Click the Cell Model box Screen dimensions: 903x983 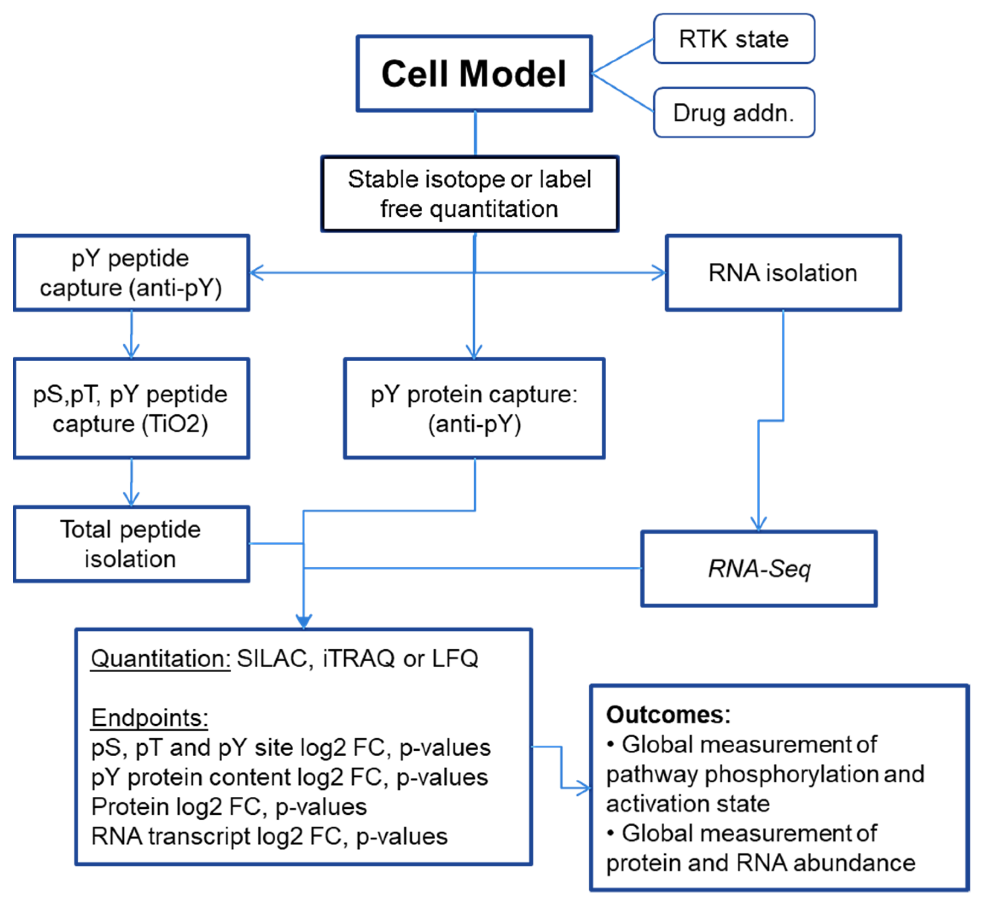click(474, 73)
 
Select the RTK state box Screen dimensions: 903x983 click(733, 38)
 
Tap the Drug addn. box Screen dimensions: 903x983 click(733, 113)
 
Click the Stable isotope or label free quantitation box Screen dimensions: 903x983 click(469, 194)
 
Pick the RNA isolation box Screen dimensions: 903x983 click(782, 273)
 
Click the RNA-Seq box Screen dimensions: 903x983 click(758, 569)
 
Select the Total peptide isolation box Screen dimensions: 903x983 click(131, 544)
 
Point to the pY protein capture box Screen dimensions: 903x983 click(474, 409)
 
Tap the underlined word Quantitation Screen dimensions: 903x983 click(160, 659)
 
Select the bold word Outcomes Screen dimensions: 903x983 click(668, 715)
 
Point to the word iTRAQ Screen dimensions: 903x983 click(358, 659)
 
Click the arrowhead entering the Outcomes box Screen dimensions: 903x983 click(584, 788)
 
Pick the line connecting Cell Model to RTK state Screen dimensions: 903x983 click(622, 56)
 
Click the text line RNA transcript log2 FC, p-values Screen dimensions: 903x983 click(269, 836)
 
